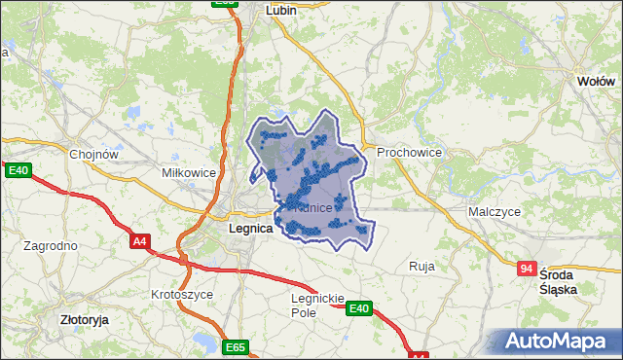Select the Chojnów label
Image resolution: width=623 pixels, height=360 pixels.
pyautogui.click(x=93, y=153)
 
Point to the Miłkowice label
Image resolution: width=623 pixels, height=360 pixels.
pyautogui.click(x=188, y=172)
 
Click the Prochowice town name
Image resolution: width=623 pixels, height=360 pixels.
pyautogui.click(x=410, y=153)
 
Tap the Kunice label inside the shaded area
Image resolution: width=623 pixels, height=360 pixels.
pyautogui.click(x=313, y=208)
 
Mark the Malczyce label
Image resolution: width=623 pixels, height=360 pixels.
pyautogui.click(x=494, y=211)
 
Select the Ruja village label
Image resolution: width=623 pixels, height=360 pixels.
pyautogui.click(x=421, y=266)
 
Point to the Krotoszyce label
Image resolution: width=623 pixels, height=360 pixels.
pyautogui.click(x=182, y=293)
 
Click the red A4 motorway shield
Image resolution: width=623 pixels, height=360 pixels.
pyautogui.click(x=139, y=240)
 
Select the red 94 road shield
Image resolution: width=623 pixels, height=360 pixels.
pyautogui.click(x=527, y=268)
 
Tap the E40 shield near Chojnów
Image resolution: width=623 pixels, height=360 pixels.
pyautogui.click(x=18, y=170)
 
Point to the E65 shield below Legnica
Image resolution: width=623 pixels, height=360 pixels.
pyautogui.click(x=235, y=347)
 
